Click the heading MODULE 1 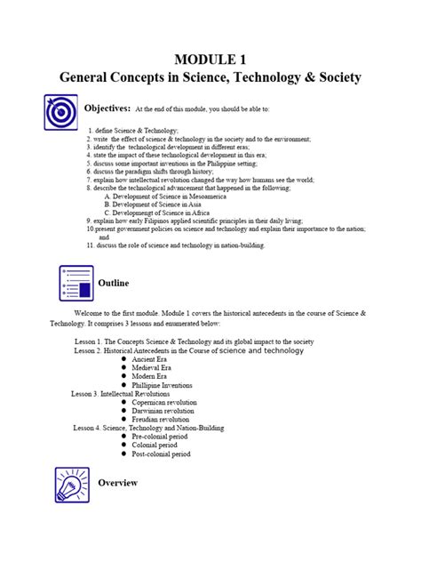pos(210,59)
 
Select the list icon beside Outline pos(76,283)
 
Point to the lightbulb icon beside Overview pos(73,485)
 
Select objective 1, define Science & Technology pos(133,131)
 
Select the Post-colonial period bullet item pos(161,454)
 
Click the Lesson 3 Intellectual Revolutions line pos(122,393)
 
